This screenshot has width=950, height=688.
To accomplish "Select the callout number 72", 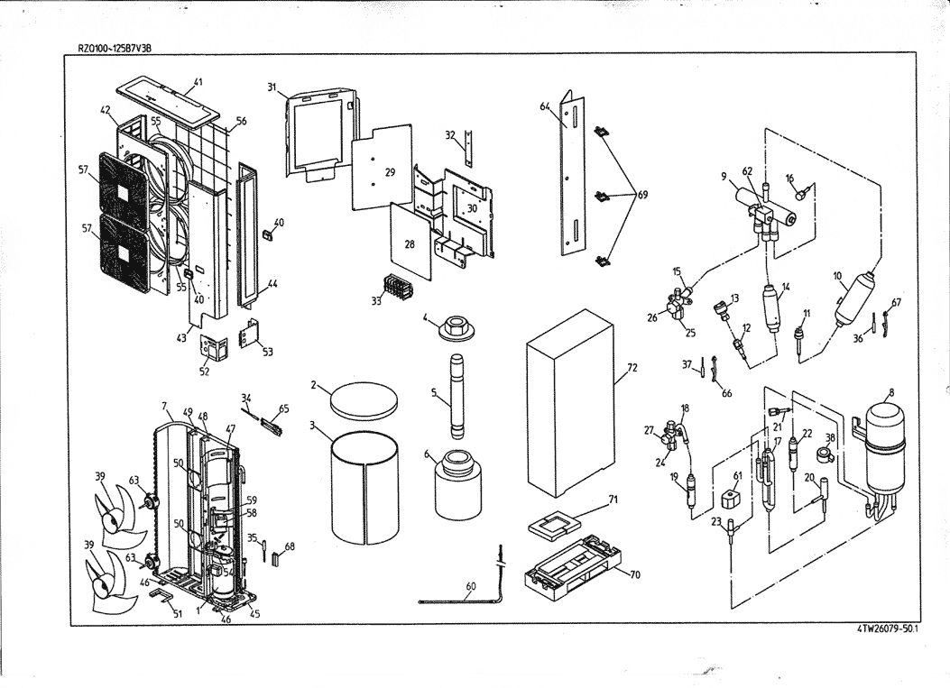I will pos(632,369).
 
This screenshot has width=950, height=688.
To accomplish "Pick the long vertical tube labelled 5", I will pos(458,486).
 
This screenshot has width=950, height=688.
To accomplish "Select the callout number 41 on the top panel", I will pos(198,82).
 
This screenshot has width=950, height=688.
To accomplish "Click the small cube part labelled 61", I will pos(732,498).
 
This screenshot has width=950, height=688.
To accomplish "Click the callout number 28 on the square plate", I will pos(409,244).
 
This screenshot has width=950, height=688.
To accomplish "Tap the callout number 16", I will pos(789,179).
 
